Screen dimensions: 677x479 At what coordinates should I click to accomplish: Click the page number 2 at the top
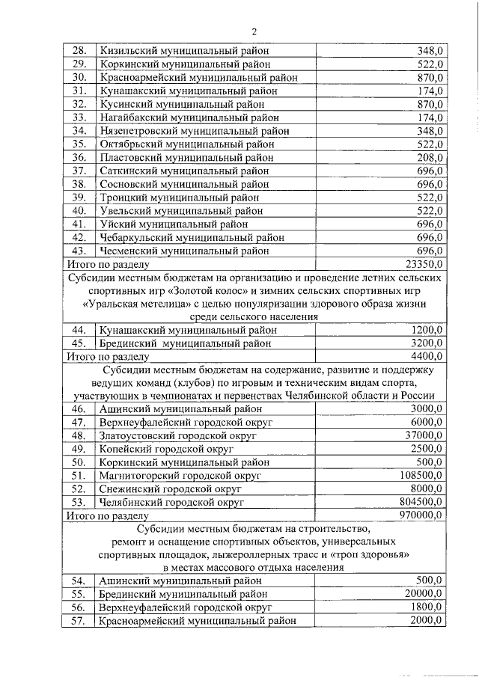coord(254,31)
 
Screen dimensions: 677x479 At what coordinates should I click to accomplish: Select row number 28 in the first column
coord(78,51)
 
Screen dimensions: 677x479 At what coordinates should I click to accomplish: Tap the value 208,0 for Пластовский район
coord(430,158)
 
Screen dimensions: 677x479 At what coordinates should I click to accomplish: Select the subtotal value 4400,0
coord(427,356)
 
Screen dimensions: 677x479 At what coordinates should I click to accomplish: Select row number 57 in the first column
coord(78,620)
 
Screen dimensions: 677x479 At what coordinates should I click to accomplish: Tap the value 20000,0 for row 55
coord(424,594)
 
